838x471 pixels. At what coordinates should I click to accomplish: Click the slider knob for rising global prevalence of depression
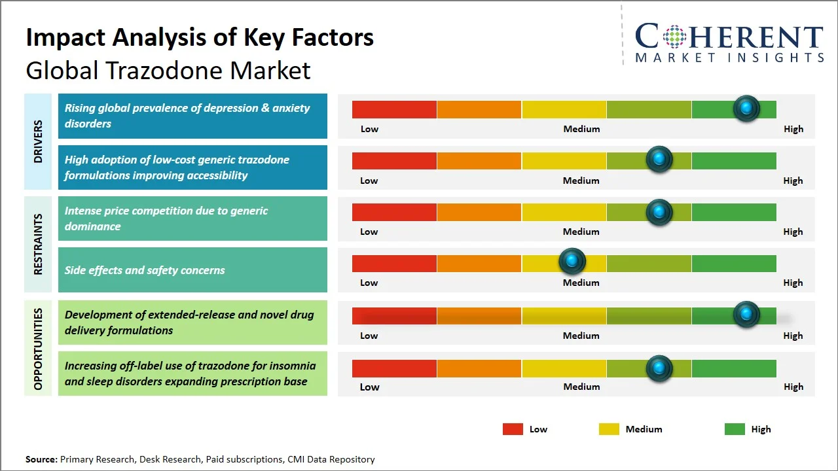click(x=746, y=109)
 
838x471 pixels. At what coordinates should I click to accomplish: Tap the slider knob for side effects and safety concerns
click(x=572, y=262)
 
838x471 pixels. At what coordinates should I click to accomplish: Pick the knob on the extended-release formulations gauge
click(x=746, y=315)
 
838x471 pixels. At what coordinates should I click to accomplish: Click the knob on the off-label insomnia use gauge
click(x=659, y=368)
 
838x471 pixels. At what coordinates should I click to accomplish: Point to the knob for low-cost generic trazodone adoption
click(x=659, y=160)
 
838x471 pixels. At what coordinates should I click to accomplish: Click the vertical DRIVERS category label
click(x=38, y=142)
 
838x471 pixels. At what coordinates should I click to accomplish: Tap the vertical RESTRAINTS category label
click(x=38, y=244)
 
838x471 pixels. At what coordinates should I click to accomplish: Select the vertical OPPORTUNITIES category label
click(x=38, y=349)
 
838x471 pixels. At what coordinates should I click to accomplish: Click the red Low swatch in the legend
click(x=513, y=429)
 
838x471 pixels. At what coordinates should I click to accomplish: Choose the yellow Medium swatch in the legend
click(x=609, y=429)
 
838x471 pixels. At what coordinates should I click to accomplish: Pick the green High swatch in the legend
click(x=735, y=429)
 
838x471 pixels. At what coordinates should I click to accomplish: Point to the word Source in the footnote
click(x=41, y=459)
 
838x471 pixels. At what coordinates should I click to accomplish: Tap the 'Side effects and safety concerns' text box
click(x=192, y=270)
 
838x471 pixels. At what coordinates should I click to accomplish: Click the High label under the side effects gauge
click(x=793, y=283)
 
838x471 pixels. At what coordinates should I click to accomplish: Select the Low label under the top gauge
click(x=369, y=129)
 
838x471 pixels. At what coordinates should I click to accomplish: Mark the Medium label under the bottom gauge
click(x=581, y=387)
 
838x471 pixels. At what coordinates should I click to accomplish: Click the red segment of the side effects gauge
click(x=394, y=263)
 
